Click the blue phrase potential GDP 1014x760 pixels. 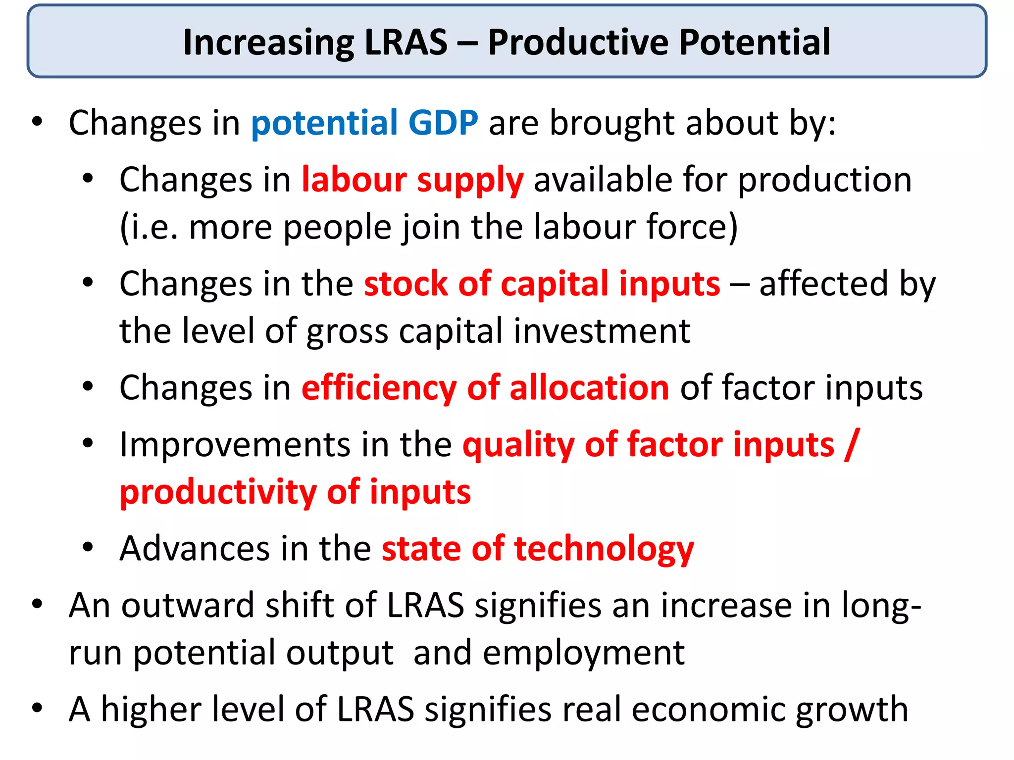coord(364,123)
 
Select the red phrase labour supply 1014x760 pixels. coord(412,180)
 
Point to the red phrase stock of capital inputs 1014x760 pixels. coord(542,284)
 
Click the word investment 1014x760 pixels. coord(602,331)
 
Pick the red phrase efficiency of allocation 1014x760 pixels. coord(485,387)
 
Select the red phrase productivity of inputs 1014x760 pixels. coord(295,492)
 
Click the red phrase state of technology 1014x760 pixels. coord(538,549)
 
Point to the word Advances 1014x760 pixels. coord(195,549)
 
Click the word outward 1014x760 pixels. coord(188,606)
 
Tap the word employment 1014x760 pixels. coord(584,653)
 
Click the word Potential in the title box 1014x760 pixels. coord(754,43)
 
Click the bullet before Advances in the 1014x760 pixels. coord(88,548)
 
